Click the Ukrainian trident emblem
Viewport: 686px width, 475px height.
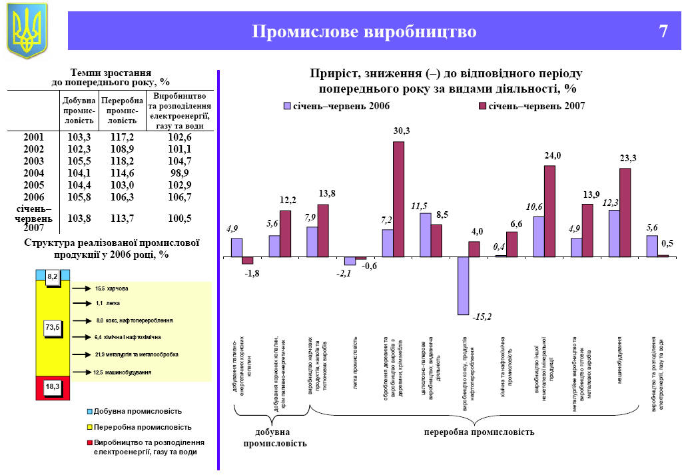pos(27,30)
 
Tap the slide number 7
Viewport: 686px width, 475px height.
pos(663,31)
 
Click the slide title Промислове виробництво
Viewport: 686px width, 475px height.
pos(364,31)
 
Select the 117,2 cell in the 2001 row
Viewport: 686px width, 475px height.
pos(122,137)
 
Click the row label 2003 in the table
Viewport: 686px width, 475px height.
pos(33,161)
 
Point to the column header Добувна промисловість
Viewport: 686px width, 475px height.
pos(79,111)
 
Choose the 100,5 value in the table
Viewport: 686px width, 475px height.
pos(180,219)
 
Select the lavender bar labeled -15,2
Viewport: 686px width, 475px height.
pos(463,285)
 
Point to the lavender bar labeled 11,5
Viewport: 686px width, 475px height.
pos(425,235)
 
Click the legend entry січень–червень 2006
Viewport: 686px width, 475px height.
pos(337,106)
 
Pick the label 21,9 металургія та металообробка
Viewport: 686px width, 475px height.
pos(137,354)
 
